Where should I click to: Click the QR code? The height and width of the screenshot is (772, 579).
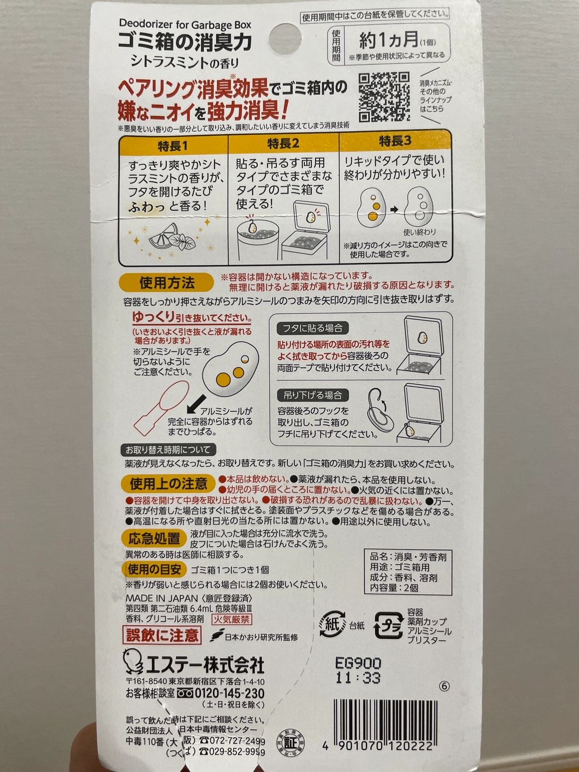coord(384,96)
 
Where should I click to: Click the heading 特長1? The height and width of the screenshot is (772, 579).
coord(173,146)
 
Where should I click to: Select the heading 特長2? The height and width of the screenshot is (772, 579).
coord(284,144)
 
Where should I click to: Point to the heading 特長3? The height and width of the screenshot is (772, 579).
coord(395,141)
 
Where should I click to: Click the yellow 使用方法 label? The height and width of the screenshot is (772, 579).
coord(167,283)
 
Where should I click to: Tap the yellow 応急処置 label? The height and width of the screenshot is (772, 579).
coord(154,538)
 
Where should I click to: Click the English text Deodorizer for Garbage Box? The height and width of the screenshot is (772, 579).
coord(185,25)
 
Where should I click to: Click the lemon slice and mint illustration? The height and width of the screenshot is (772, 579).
coord(172,237)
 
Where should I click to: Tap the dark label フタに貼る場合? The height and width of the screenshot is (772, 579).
coord(313,329)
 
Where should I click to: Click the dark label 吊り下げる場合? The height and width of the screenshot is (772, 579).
coord(313,395)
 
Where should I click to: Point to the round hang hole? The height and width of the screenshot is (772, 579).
coord(285,39)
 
